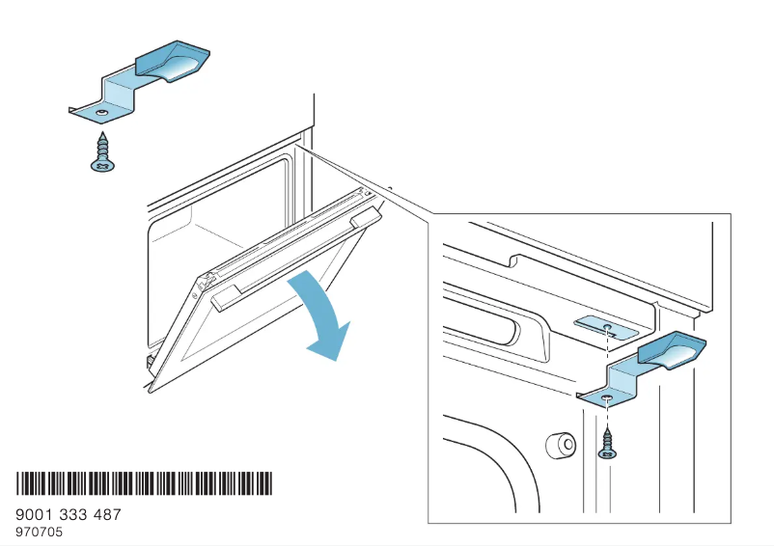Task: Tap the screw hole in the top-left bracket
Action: pos(100,112)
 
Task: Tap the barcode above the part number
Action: pos(144,483)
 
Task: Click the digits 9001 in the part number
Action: pos(36,515)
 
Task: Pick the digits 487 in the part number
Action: pos(107,515)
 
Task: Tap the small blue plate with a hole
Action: pos(605,328)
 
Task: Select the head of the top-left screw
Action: pos(100,166)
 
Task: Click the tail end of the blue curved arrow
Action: pos(301,277)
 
